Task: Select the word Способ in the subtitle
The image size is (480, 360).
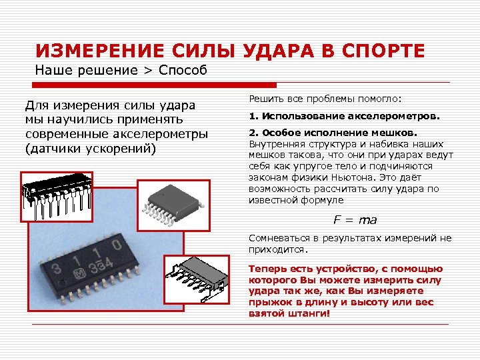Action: pyautogui.click(x=183, y=71)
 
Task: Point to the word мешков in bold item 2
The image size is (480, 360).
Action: pyautogui.click(x=396, y=133)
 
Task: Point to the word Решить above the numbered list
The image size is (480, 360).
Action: pyautogui.click(x=265, y=99)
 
